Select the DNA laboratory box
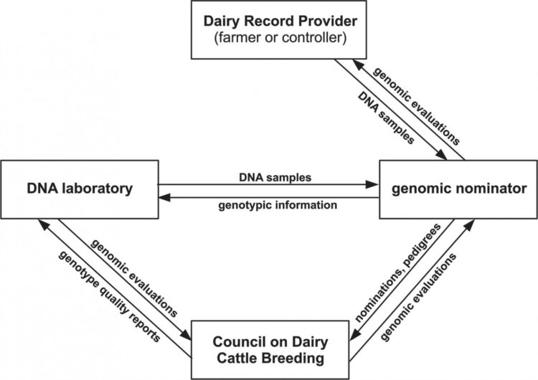[x=78, y=190]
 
